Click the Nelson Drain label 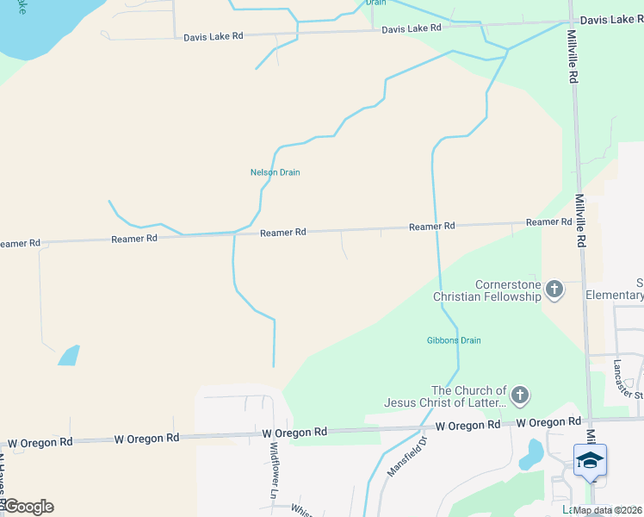click(x=275, y=172)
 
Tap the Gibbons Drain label click(x=454, y=340)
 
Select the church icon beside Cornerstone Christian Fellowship click(x=554, y=290)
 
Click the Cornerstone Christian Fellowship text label click(x=486, y=290)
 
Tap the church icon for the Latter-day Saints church click(x=519, y=396)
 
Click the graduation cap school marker click(x=590, y=460)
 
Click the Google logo click(x=28, y=507)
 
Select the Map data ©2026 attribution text click(x=608, y=510)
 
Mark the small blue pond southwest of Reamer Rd click(x=69, y=355)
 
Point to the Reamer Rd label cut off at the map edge click(x=20, y=244)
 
